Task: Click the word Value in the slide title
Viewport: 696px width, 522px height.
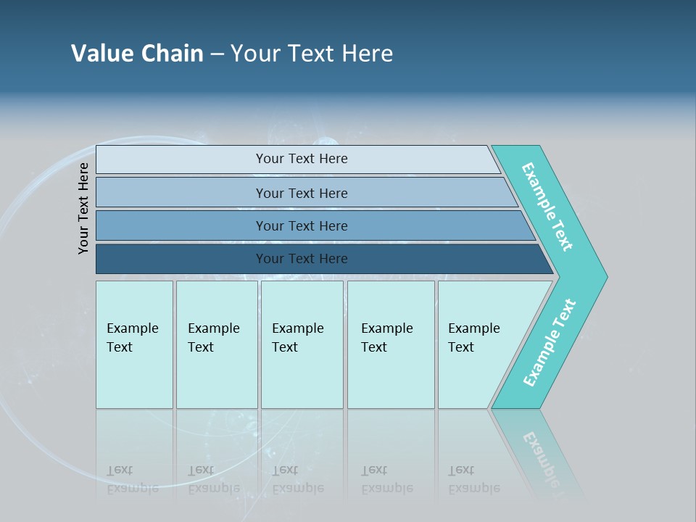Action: pyautogui.click(x=100, y=54)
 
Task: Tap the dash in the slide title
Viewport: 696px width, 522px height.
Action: pyautogui.click(x=217, y=54)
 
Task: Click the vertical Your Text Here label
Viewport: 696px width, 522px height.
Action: pyautogui.click(x=83, y=208)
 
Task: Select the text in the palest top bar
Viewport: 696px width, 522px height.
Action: pyautogui.click(x=302, y=159)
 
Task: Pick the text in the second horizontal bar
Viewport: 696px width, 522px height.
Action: pyautogui.click(x=302, y=193)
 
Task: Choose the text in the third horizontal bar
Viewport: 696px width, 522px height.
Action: pyautogui.click(x=302, y=225)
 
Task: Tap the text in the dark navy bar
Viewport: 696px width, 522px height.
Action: pyautogui.click(x=302, y=259)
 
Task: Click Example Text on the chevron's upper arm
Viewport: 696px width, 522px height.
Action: pyautogui.click(x=547, y=207)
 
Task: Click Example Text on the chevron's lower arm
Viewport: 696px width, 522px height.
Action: pyautogui.click(x=550, y=343)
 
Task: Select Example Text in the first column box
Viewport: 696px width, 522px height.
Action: pyautogui.click(x=132, y=338)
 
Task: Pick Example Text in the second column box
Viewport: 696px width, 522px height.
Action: pyautogui.click(x=213, y=338)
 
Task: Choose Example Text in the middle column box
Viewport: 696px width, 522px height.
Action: pyautogui.click(x=297, y=338)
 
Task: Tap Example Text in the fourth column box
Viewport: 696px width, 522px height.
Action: pyautogui.click(x=386, y=338)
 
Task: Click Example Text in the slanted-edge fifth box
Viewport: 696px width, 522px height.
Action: pyautogui.click(x=473, y=338)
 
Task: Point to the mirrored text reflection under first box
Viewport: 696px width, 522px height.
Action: pyautogui.click(x=132, y=479)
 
